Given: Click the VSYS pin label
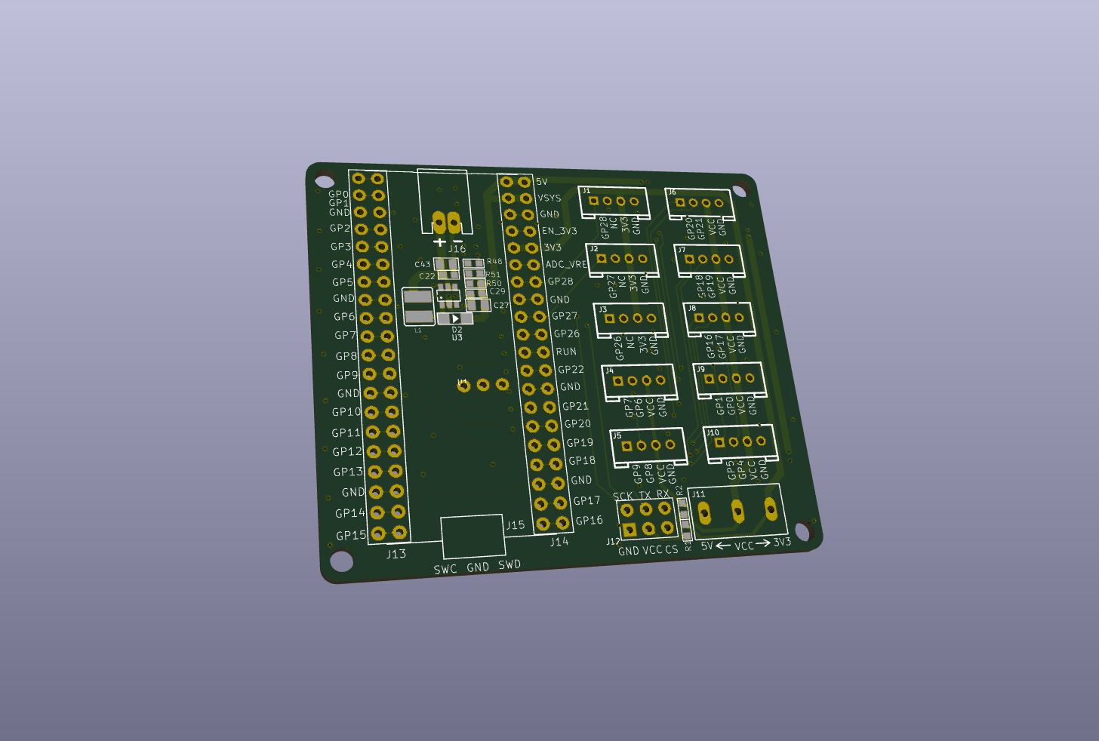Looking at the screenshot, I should [549, 198].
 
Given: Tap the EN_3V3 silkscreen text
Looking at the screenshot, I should [559, 231].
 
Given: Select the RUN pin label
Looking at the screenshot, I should [566, 352].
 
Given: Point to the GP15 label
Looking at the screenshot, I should [351, 536].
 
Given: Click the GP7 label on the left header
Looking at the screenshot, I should [345, 336].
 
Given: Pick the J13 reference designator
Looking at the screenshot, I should [396, 554].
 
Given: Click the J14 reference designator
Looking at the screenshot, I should [559, 542].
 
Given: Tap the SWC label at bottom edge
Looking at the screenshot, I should [445, 570].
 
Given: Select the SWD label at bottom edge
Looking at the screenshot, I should [509, 564].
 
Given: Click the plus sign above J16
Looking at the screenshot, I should [440, 242].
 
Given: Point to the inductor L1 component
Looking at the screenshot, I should [418, 306].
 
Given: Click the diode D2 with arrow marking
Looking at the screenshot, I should [455, 319].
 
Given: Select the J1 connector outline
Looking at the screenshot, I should [614, 201].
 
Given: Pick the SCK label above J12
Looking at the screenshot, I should [623, 497].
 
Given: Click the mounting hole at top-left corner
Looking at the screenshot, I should [325, 181].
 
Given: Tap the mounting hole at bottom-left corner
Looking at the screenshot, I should [341, 561].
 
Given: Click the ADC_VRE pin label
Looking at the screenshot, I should [565, 265].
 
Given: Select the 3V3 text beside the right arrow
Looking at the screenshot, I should [782, 542].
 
